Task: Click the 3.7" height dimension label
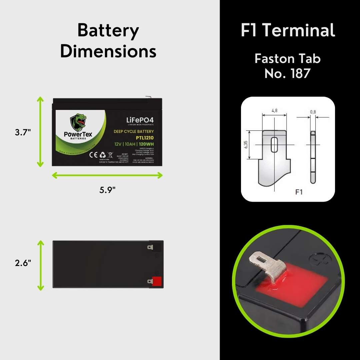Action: tap(23, 132)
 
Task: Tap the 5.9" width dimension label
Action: tap(107, 190)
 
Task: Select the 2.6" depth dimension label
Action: tap(23, 263)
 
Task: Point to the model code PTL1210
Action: tap(145, 138)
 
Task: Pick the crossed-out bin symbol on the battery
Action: tap(110, 155)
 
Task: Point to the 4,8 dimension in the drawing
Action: tap(275, 111)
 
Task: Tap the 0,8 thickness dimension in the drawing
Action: tap(313, 112)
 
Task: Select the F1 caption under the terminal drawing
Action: tap(299, 192)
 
